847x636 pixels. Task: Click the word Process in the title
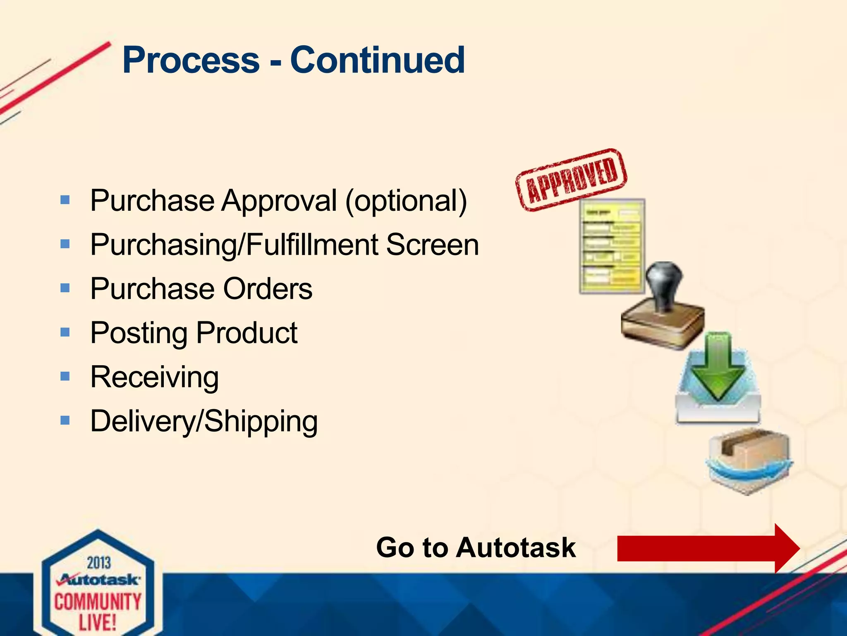tap(191, 60)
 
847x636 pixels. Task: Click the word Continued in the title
tap(377, 60)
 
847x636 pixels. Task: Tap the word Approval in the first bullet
tap(279, 201)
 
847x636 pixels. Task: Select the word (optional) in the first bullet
tap(406, 201)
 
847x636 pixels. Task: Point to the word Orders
tap(268, 289)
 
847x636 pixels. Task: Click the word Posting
tap(139, 333)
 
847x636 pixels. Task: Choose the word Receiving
tap(154, 378)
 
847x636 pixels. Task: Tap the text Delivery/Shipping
tap(204, 422)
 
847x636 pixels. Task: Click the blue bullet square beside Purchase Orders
tap(65, 288)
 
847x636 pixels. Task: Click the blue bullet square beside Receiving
tap(65, 376)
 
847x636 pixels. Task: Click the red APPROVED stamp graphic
tap(572, 180)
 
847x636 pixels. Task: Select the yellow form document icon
tap(612, 247)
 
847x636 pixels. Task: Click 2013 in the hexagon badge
tap(99, 563)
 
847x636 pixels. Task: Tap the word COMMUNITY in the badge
tap(98, 602)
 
